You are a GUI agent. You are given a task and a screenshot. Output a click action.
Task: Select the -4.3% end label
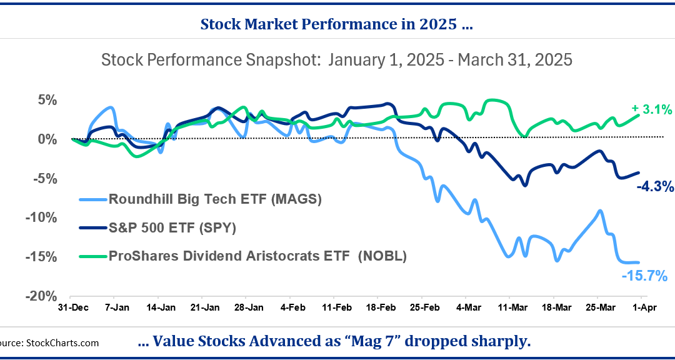655,186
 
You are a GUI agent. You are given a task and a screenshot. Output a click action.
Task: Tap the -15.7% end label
644,276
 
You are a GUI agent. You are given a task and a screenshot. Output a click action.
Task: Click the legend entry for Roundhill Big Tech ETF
214,199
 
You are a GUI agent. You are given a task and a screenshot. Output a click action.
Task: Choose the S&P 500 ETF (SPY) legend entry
172,227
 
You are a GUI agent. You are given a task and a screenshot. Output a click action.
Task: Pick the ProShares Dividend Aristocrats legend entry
257,256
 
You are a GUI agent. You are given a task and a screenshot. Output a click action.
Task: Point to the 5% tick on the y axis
47,100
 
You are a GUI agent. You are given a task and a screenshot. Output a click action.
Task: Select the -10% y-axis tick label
42,217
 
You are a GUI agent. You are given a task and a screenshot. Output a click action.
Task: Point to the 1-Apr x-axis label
644,308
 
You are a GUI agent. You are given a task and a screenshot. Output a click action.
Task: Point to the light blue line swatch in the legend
93,199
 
